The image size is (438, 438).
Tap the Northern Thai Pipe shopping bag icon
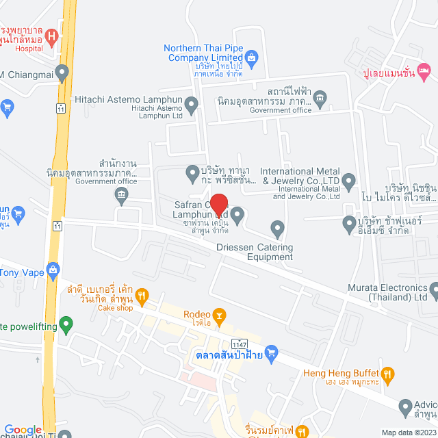click(251, 56)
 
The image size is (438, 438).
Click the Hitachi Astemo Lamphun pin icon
click(192, 105)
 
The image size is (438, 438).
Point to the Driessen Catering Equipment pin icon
click(277, 227)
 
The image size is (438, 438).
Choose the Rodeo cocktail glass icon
click(220, 315)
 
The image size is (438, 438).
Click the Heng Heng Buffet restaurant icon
click(388, 374)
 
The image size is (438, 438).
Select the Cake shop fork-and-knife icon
click(142, 295)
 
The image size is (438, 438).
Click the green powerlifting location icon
click(66, 322)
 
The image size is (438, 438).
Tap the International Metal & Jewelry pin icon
click(349, 182)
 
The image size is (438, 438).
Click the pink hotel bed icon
click(424, 70)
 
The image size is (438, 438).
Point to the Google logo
click(23, 430)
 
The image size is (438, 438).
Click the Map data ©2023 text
click(407, 433)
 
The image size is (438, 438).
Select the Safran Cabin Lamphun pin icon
click(237, 216)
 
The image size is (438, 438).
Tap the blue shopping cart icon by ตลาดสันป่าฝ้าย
click(272, 353)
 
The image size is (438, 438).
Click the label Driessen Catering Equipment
click(255, 252)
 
